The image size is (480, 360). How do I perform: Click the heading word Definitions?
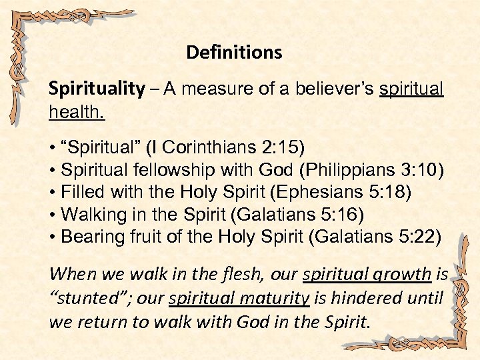234,52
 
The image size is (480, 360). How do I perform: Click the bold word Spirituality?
97,89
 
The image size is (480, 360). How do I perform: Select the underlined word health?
77,113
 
